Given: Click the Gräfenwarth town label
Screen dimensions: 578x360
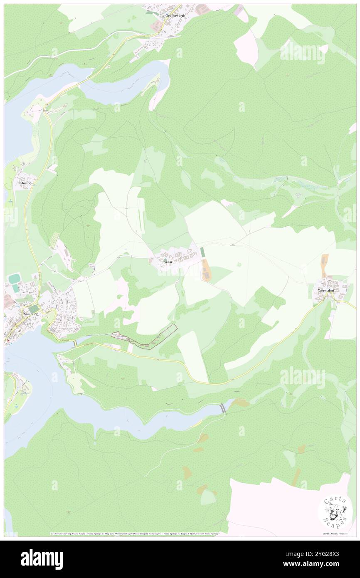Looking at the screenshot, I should [175, 15].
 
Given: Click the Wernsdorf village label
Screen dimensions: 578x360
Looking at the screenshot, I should [325, 290].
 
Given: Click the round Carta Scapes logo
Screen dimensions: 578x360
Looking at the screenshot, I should [335, 511].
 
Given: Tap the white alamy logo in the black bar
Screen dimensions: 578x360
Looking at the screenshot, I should [42, 559].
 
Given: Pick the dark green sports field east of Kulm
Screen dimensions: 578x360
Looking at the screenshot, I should [202, 252].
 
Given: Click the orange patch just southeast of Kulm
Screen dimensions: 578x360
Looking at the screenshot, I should [205, 271].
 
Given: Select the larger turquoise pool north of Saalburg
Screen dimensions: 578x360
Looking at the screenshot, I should [15, 278].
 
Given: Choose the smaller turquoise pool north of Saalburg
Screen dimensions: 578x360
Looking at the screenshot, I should [15, 288].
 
